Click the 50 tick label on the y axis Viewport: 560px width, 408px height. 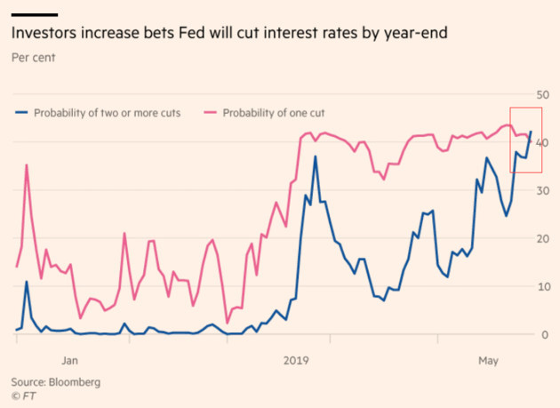coord(541,94)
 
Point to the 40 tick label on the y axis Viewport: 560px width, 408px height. coord(541,142)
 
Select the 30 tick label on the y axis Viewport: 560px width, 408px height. coord(541,190)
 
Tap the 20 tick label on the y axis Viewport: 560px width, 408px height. coord(541,238)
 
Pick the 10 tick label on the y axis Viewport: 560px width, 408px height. coord(541,286)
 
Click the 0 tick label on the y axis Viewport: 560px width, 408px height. coord(544,334)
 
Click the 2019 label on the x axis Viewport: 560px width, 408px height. coord(296,360)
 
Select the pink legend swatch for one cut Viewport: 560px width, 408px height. coord(211,113)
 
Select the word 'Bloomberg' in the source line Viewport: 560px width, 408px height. coord(76,381)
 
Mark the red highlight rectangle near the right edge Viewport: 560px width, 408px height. coord(525,140)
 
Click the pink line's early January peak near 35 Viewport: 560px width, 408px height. coord(27,165)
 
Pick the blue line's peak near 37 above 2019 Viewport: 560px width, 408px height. coord(315,157)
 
